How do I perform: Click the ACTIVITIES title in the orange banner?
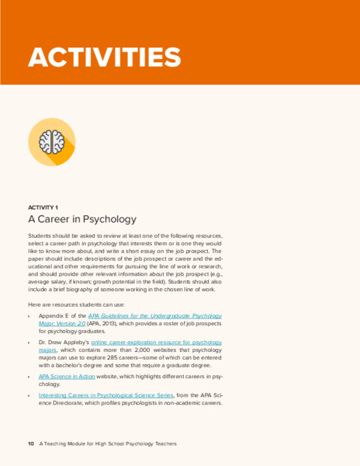coord(104,57)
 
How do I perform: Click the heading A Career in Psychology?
coord(81,220)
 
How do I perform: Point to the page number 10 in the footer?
coord(31,443)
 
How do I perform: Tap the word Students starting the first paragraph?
coord(41,235)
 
